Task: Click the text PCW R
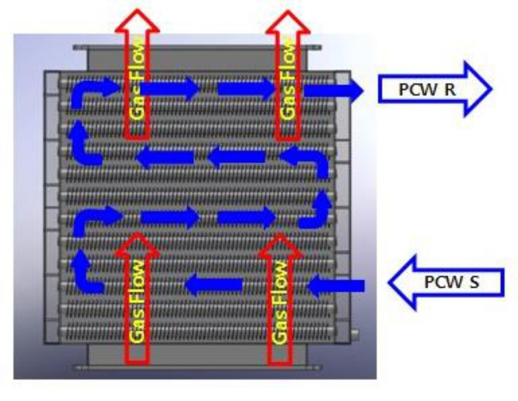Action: [427, 90]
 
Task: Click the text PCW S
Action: [451, 282]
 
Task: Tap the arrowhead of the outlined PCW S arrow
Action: [402, 282]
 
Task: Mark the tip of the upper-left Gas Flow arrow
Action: [137, 10]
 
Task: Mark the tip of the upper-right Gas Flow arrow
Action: [288, 11]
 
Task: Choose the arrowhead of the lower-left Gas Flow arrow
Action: [137, 244]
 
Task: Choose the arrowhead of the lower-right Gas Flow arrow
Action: [280, 245]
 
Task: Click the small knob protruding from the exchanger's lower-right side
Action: [355, 335]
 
